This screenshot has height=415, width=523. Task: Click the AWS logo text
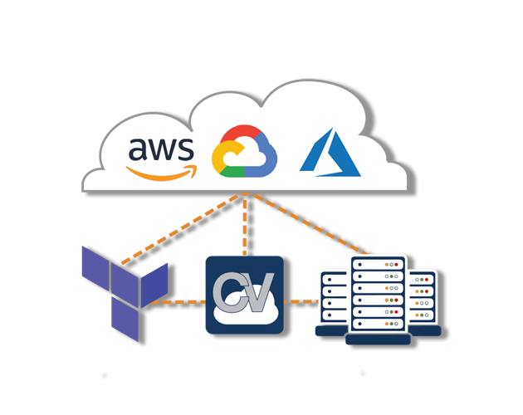tap(161, 149)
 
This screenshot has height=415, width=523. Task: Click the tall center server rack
tap(378, 295)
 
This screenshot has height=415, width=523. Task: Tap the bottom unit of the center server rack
tap(378, 326)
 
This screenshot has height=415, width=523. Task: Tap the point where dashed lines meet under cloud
tap(247, 197)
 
